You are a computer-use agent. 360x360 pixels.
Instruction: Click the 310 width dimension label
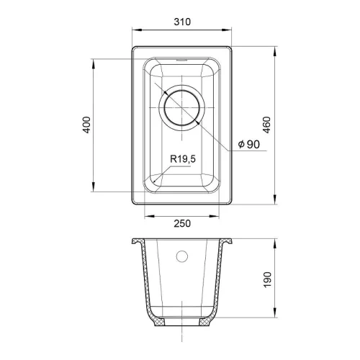182,22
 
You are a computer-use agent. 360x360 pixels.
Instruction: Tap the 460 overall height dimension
267,125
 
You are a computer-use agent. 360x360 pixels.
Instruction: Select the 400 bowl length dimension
86,125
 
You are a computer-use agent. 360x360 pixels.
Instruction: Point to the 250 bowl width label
182,223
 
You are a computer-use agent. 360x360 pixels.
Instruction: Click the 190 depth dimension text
267,279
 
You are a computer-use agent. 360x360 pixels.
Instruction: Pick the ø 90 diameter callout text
249,144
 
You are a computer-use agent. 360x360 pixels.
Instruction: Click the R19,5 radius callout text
183,159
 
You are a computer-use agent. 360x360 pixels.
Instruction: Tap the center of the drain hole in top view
182,108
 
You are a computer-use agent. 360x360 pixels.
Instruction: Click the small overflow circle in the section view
182,256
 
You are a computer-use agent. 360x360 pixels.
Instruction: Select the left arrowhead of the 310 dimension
137,30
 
